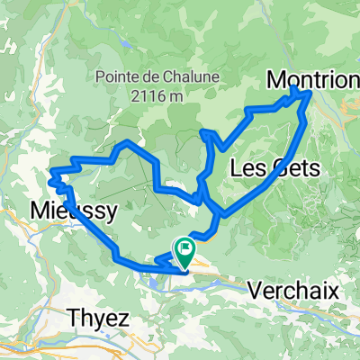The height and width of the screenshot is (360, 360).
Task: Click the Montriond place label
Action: (x=313, y=80)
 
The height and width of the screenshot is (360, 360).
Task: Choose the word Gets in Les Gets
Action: (x=286, y=166)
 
